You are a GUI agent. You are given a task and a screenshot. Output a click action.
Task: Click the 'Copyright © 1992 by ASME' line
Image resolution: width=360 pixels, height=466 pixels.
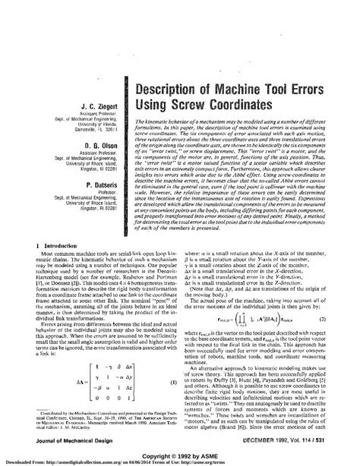tap(180, 449)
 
